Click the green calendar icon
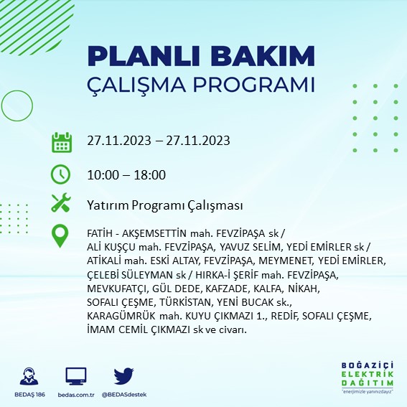[62, 141]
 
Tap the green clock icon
[62, 174]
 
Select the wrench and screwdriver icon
[62, 205]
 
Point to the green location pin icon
[62, 235]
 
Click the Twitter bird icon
[124, 375]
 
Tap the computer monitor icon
[75, 375]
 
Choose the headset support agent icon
[29, 375]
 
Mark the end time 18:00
[151, 174]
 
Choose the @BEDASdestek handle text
[125, 394]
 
